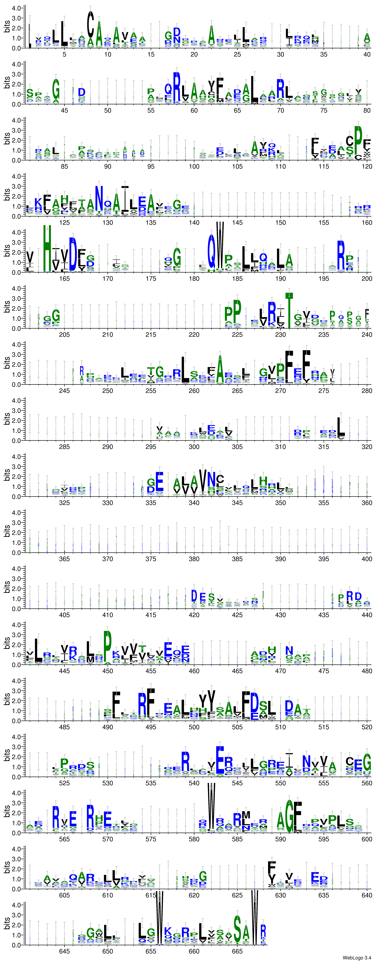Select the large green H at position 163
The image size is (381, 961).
tap(47, 248)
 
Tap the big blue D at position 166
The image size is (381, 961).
tap(73, 254)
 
